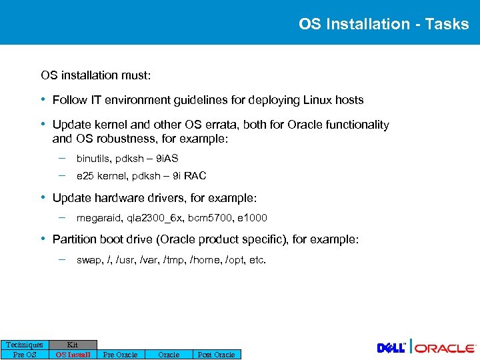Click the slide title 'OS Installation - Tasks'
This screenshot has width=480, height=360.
[383, 24]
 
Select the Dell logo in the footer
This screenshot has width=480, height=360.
[392, 347]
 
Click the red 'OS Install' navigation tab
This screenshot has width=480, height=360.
[73, 355]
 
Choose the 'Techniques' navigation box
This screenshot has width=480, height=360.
[25, 345]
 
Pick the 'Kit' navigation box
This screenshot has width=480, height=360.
[73, 345]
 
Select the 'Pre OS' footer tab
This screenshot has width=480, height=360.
[25, 355]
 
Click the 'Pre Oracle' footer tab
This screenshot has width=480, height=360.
[120, 355]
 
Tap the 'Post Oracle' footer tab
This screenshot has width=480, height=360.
[216, 355]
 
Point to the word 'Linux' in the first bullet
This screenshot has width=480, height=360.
[318, 100]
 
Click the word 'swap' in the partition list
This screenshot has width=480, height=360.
[89, 260]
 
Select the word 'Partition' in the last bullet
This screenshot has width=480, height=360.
[74, 239]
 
